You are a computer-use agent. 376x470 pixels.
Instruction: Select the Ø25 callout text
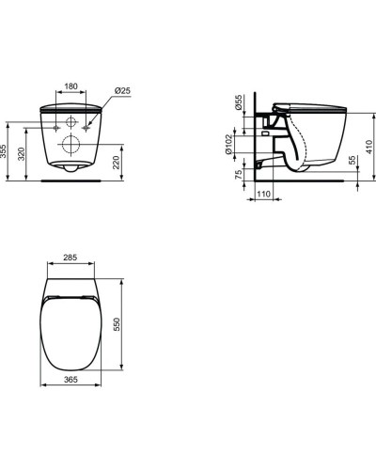(x=122, y=90)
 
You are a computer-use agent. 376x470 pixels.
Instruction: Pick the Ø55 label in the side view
(x=239, y=102)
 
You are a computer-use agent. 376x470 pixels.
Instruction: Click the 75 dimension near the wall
(x=239, y=175)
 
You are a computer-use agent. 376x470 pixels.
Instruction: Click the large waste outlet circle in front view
(x=71, y=145)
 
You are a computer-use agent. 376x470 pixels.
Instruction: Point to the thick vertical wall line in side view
(x=255, y=141)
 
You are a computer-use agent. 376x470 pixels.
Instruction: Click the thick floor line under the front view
(x=71, y=183)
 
